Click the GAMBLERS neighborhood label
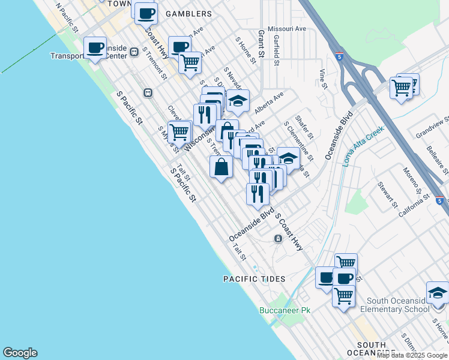pyautogui.click(x=188, y=14)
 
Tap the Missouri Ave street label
pyautogui.click(x=287, y=28)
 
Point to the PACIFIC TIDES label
pyautogui.click(x=254, y=279)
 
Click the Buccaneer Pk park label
pyautogui.click(x=285, y=310)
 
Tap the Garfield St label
pyautogui.click(x=276, y=49)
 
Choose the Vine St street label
pyautogui.click(x=323, y=79)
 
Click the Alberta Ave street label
pyautogui.click(x=268, y=103)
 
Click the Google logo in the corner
pyautogui.click(x=20, y=353)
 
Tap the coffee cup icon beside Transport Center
pyautogui.click(x=95, y=48)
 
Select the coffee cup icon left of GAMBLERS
pyautogui.click(x=145, y=12)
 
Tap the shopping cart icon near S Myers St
pyautogui.click(x=179, y=131)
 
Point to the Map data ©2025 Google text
pyautogui.click(x=412, y=355)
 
